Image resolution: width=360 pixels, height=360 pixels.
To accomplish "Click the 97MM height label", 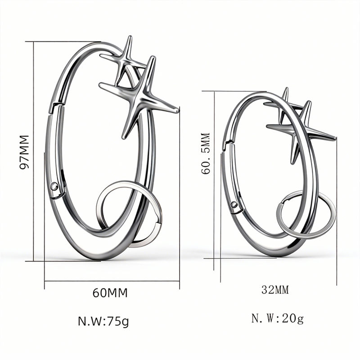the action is point(24,152).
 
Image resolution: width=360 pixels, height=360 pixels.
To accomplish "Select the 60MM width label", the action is point(110,293).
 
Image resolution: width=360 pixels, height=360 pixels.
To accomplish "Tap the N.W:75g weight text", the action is point(103,321).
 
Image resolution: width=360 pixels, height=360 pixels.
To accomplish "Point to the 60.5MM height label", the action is point(206,153).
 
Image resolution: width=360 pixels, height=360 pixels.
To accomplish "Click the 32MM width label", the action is point(275,290).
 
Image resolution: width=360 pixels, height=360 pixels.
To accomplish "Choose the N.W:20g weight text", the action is point(278,319).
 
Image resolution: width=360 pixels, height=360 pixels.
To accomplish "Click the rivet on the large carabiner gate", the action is point(54,186).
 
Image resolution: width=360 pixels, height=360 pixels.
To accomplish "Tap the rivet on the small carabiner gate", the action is point(234,204).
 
